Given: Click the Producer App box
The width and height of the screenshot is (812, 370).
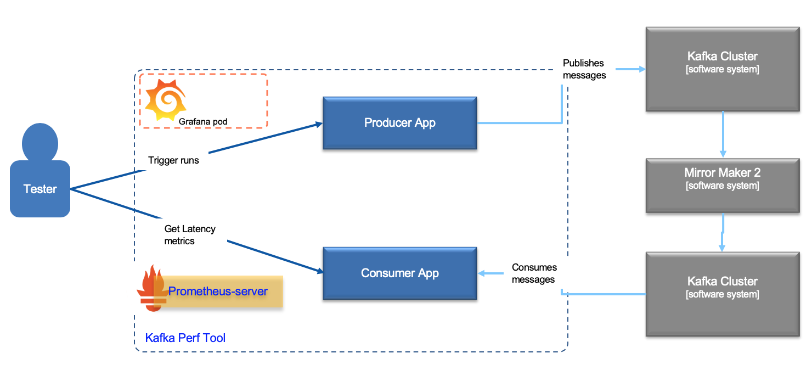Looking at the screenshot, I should tap(399, 123).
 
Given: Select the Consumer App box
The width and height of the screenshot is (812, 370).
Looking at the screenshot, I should tap(399, 273).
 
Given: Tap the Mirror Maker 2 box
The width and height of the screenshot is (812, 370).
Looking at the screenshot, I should tap(722, 185).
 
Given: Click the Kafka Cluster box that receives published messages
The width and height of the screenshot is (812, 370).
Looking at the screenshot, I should tap(722, 69).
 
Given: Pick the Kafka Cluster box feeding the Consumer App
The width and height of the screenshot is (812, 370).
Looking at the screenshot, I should tap(722, 294).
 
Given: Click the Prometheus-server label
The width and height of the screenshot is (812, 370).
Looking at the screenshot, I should tap(218, 291).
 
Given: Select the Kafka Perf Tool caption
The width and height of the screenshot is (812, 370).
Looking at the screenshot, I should tap(185, 338).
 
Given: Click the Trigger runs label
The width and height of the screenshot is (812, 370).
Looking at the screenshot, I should tap(173, 160).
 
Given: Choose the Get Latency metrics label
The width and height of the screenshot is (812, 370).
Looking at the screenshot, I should tap(190, 234).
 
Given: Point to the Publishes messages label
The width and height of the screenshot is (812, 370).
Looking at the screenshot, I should tap(584, 69).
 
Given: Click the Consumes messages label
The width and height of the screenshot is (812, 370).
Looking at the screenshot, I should tap(534, 273).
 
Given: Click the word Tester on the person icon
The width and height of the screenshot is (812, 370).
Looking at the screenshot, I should tap(40, 189).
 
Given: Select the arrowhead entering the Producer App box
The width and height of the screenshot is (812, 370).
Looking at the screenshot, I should tap(318, 125).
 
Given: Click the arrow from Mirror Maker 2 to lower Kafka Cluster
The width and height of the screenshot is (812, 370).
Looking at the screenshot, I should tap(723, 233).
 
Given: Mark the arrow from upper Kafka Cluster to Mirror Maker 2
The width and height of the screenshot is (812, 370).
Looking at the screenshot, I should tap(723, 134).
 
